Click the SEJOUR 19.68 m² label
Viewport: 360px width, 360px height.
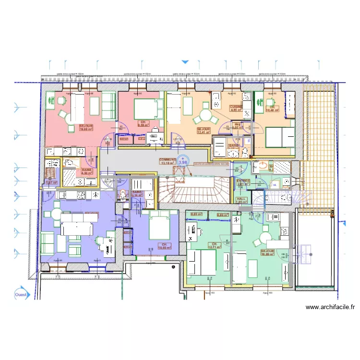(86, 127)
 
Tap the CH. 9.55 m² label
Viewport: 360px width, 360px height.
(143, 123)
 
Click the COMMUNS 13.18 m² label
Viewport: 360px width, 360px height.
(168, 161)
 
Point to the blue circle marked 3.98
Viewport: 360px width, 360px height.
(183, 161)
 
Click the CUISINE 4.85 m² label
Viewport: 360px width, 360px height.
(236, 108)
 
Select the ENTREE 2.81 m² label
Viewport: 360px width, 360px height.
(243, 182)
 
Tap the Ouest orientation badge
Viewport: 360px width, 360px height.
(21, 295)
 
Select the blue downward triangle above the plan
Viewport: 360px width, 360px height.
(185, 62)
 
